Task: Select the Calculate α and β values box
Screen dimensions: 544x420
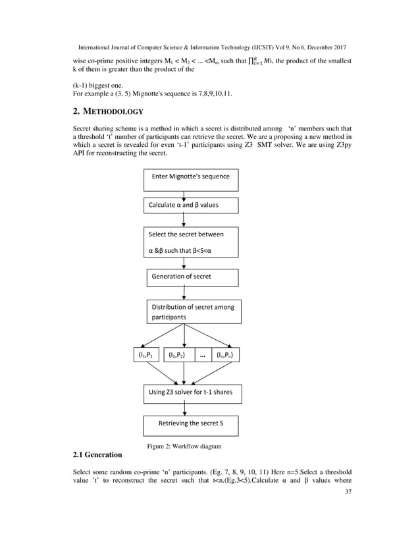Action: pyautogui.click(x=191, y=205)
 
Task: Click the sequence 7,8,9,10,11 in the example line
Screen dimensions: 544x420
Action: pyautogui.click(x=207, y=94)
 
